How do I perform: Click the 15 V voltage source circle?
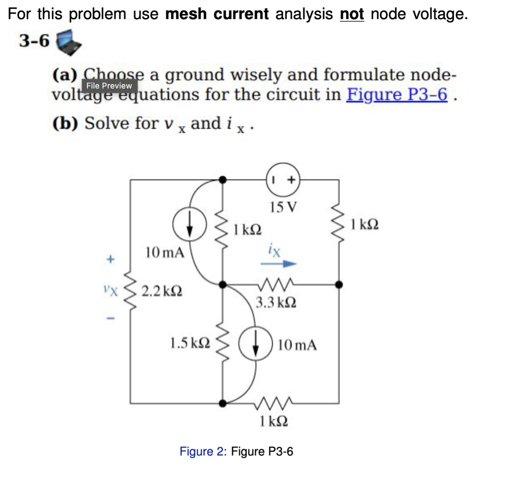coord(283,180)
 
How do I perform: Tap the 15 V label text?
coord(284,207)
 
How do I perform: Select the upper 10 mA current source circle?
coord(190,224)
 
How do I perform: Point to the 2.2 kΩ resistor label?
coord(162,291)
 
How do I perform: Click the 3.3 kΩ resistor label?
coord(276,303)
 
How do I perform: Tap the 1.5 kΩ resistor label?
coord(190,343)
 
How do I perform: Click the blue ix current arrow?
coord(278,263)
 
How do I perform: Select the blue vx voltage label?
coord(111,291)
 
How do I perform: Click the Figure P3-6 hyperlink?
coord(397,94)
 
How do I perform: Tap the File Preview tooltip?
coord(109,86)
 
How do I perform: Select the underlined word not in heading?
coord(352,14)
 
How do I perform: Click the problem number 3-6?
coord(34,41)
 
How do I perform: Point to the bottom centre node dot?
coord(222,403)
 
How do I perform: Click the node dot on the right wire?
coord(339,284)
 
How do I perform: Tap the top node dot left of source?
coord(222,180)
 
